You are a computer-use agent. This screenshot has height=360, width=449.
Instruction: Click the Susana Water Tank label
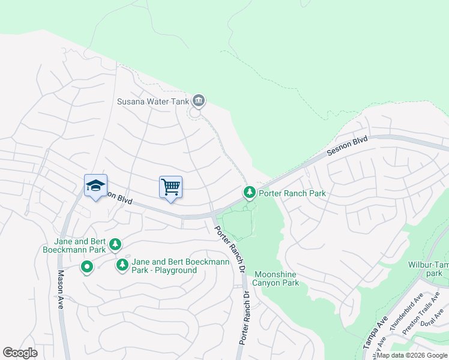point(152,101)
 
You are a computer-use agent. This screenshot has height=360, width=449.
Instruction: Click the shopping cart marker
point(170,188)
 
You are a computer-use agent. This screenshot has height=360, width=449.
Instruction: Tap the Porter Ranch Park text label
point(292,193)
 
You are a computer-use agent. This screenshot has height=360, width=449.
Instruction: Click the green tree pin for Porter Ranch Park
point(249,193)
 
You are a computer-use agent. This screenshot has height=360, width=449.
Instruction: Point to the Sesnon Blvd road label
point(347,147)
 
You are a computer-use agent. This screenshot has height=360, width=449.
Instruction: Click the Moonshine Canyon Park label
point(275,278)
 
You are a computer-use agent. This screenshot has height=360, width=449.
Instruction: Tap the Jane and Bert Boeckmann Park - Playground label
point(164,266)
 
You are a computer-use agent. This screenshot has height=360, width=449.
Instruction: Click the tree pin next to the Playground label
point(122,264)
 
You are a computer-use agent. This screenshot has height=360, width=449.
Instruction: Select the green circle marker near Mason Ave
point(87,266)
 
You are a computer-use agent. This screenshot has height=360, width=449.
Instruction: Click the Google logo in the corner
point(20,352)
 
